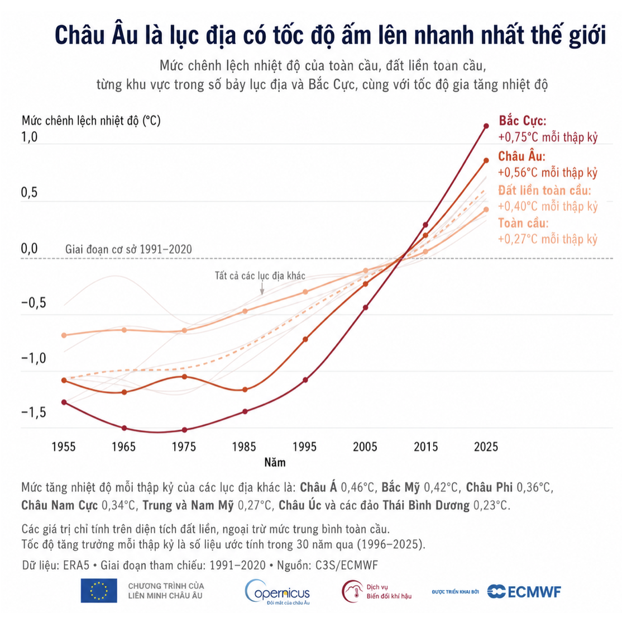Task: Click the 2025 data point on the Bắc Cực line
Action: click(x=486, y=126)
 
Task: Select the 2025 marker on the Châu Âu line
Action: click(x=486, y=160)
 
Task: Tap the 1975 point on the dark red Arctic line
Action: click(x=184, y=430)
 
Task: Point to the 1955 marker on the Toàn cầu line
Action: click(x=64, y=335)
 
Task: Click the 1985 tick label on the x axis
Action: click(x=244, y=447)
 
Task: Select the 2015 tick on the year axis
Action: click(x=425, y=447)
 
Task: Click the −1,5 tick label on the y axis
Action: click(x=34, y=412)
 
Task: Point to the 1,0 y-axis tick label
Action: click(x=30, y=137)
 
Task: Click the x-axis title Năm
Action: click(x=275, y=462)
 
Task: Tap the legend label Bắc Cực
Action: click(x=523, y=120)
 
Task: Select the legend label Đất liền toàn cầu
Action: click(x=544, y=190)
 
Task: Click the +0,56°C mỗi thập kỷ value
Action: click(x=548, y=172)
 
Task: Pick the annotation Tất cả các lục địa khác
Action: click(x=260, y=276)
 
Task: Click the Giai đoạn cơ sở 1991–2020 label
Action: click(x=128, y=249)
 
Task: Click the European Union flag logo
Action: click(x=99, y=590)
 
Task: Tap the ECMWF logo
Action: click(x=524, y=592)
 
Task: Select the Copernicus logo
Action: click(x=277, y=592)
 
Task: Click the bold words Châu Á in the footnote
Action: click(x=318, y=487)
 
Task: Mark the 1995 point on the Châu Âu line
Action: click(x=305, y=339)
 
